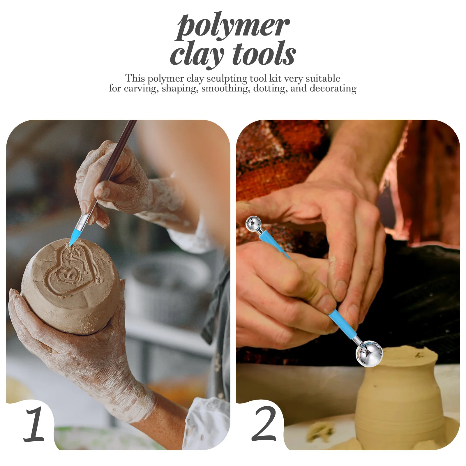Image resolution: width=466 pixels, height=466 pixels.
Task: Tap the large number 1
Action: tap(34, 424)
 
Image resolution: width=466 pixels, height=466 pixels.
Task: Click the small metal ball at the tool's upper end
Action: tap(253, 224)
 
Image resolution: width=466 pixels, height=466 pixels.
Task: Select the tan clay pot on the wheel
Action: tap(399, 399)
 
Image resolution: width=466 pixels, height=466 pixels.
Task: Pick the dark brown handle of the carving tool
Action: tap(119, 151)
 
